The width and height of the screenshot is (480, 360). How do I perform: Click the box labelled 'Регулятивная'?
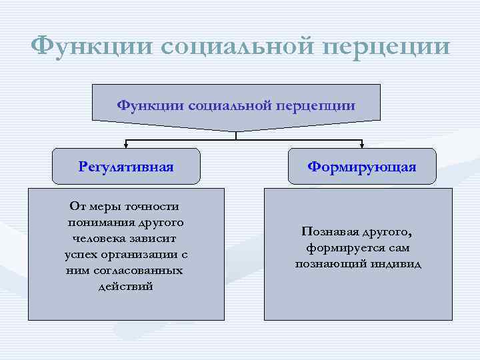[x=126, y=166]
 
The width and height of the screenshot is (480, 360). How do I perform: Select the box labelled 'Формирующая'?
[x=362, y=166]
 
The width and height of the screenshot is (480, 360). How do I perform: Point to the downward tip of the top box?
[x=236, y=130]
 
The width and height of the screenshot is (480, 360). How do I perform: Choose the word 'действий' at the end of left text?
[x=125, y=286]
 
